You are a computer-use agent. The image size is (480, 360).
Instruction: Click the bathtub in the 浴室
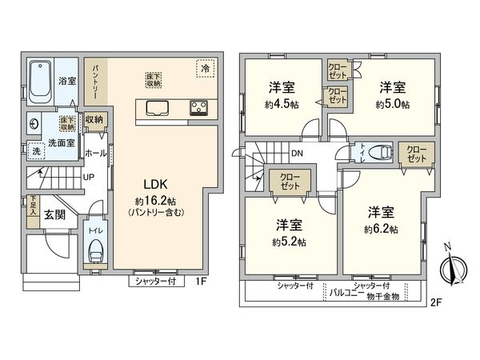pos(40,83)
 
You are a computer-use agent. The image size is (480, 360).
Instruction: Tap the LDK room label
pos(155,184)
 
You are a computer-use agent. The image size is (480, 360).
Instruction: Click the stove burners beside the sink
pos(199,108)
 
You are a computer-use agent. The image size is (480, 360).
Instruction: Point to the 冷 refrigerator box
pos(205,69)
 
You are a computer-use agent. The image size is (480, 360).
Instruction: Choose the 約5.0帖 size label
pos(394,104)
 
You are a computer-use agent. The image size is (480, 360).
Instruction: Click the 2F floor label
pos(435,302)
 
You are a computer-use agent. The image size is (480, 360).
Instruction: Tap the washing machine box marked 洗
pos(35,150)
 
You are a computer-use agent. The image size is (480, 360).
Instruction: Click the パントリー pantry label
pos(95,80)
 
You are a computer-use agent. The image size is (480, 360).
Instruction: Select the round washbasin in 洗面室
pos(34,124)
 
